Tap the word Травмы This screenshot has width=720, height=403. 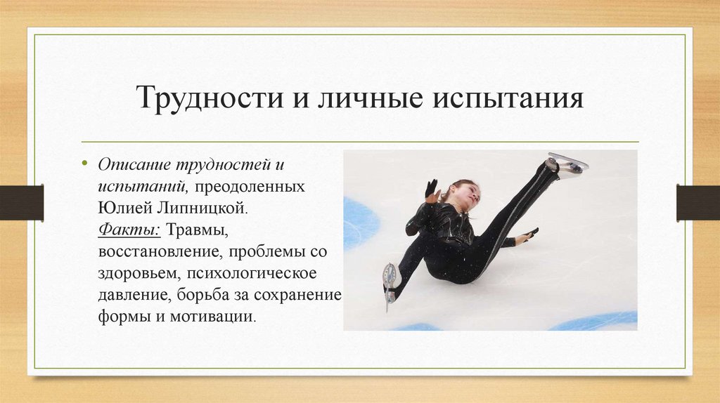click(x=196, y=230)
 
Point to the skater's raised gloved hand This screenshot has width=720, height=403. click(x=430, y=190)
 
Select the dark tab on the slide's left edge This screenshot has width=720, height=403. click(x=21, y=202)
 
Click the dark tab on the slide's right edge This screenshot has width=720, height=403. click(x=698, y=202)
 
